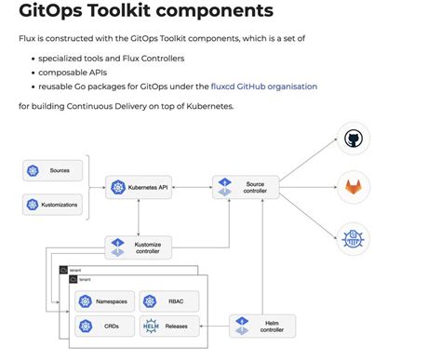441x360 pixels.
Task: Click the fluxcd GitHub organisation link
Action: click(263, 86)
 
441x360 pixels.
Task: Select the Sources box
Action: click(53, 170)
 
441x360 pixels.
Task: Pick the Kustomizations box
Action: click(53, 204)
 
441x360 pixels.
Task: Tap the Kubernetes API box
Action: click(139, 187)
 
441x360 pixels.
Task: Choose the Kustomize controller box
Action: click(139, 247)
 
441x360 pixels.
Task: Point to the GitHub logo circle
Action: click(353, 139)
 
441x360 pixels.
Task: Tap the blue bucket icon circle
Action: click(353, 236)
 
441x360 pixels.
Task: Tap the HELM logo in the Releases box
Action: click(152, 327)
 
